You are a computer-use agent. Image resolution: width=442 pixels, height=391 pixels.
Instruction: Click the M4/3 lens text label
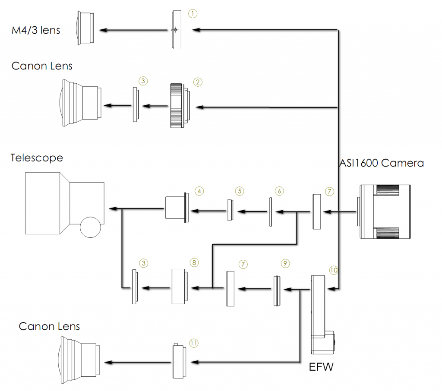click(x=36, y=30)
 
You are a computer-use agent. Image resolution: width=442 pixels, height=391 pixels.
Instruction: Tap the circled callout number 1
click(x=193, y=13)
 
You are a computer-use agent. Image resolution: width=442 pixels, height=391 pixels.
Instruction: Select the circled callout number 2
click(x=198, y=82)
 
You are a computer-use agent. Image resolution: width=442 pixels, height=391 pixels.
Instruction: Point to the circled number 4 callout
click(x=199, y=191)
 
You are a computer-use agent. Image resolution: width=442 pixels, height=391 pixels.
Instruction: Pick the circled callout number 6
click(x=279, y=191)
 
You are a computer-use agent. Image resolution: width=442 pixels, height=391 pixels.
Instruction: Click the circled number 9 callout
click(x=285, y=264)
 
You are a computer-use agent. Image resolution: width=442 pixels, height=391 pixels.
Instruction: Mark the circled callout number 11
click(x=194, y=343)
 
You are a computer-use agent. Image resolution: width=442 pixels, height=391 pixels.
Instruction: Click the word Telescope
click(x=37, y=158)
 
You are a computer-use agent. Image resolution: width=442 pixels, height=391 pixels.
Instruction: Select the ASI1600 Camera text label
click(x=382, y=163)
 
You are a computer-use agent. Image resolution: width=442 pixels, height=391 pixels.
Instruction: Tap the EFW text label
click(x=321, y=367)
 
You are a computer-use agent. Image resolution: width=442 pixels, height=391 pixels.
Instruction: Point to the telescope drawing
click(x=65, y=205)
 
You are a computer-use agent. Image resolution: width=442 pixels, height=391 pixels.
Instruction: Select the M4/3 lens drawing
click(x=85, y=28)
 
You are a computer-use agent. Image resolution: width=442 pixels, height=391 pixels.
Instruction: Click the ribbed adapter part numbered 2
click(x=180, y=106)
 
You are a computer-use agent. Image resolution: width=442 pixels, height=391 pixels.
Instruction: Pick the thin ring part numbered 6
click(x=271, y=212)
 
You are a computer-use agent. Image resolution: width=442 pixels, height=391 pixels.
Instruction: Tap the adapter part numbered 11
click(x=180, y=361)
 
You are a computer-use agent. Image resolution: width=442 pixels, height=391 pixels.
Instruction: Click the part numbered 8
click(x=180, y=287)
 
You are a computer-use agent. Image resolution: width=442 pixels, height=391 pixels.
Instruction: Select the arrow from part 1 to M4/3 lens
click(x=133, y=30)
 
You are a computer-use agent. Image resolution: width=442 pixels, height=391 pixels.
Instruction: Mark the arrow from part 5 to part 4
click(x=208, y=211)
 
